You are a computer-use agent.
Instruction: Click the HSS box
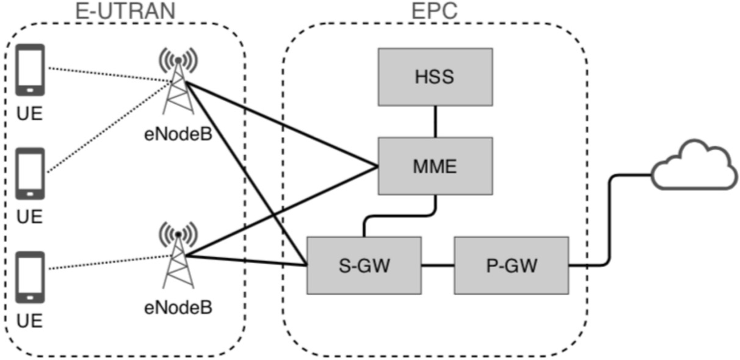pyautogui.click(x=435, y=77)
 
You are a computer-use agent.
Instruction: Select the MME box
pyautogui.click(x=435, y=166)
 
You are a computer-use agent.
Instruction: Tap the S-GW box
pyautogui.click(x=364, y=265)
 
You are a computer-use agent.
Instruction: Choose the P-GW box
pyautogui.click(x=512, y=265)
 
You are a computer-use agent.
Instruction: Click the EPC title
pyautogui.click(x=434, y=10)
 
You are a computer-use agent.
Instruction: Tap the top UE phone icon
pyautogui.click(x=29, y=69)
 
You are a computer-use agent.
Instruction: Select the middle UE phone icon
pyautogui.click(x=29, y=173)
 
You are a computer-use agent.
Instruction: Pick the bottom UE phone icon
pyautogui.click(x=29, y=276)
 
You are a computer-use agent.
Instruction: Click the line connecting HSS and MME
pyautogui.click(x=435, y=121)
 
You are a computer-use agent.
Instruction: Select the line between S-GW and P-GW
pyautogui.click(x=438, y=265)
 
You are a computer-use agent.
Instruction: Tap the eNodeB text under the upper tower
pyautogui.click(x=178, y=134)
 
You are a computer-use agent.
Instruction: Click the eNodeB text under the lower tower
pyautogui.click(x=178, y=307)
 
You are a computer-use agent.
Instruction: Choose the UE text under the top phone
pyautogui.click(x=29, y=114)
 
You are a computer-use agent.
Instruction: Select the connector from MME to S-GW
pyautogui.click(x=400, y=215)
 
